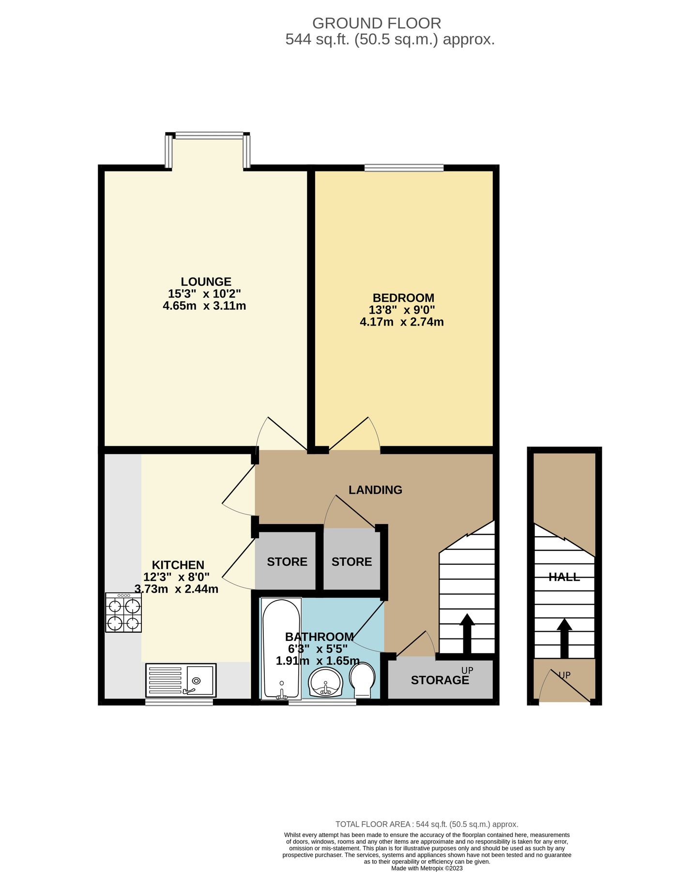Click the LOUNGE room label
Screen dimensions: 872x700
pyautogui.click(x=206, y=281)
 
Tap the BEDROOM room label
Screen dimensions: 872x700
pyautogui.click(x=403, y=297)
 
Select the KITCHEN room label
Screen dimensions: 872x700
pyautogui.click(x=178, y=565)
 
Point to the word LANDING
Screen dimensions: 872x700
pyautogui.click(x=375, y=490)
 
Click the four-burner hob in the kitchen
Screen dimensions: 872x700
pyautogui.click(x=124, y=612)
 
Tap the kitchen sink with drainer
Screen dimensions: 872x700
pyautogui.click(x=181, y=680)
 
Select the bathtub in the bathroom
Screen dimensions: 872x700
pyautogui.click(x=281, y=648)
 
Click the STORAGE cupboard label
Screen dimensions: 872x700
pyautogui.click(x=440, y=680)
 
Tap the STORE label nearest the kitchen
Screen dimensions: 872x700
pyautogui.click(x=287, y=562)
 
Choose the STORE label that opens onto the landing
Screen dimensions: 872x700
pyautogui.click(x=351, y=562)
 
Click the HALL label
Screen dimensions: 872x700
pyautogui.click(x=564, y=577)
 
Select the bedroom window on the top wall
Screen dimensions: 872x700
pyautogui.click(x=404, y=168)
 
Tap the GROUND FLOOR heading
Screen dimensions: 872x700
pyautogui.click(x=376, y=23)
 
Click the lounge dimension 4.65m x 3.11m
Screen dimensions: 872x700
pyautogui.click(x=204, y=306)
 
